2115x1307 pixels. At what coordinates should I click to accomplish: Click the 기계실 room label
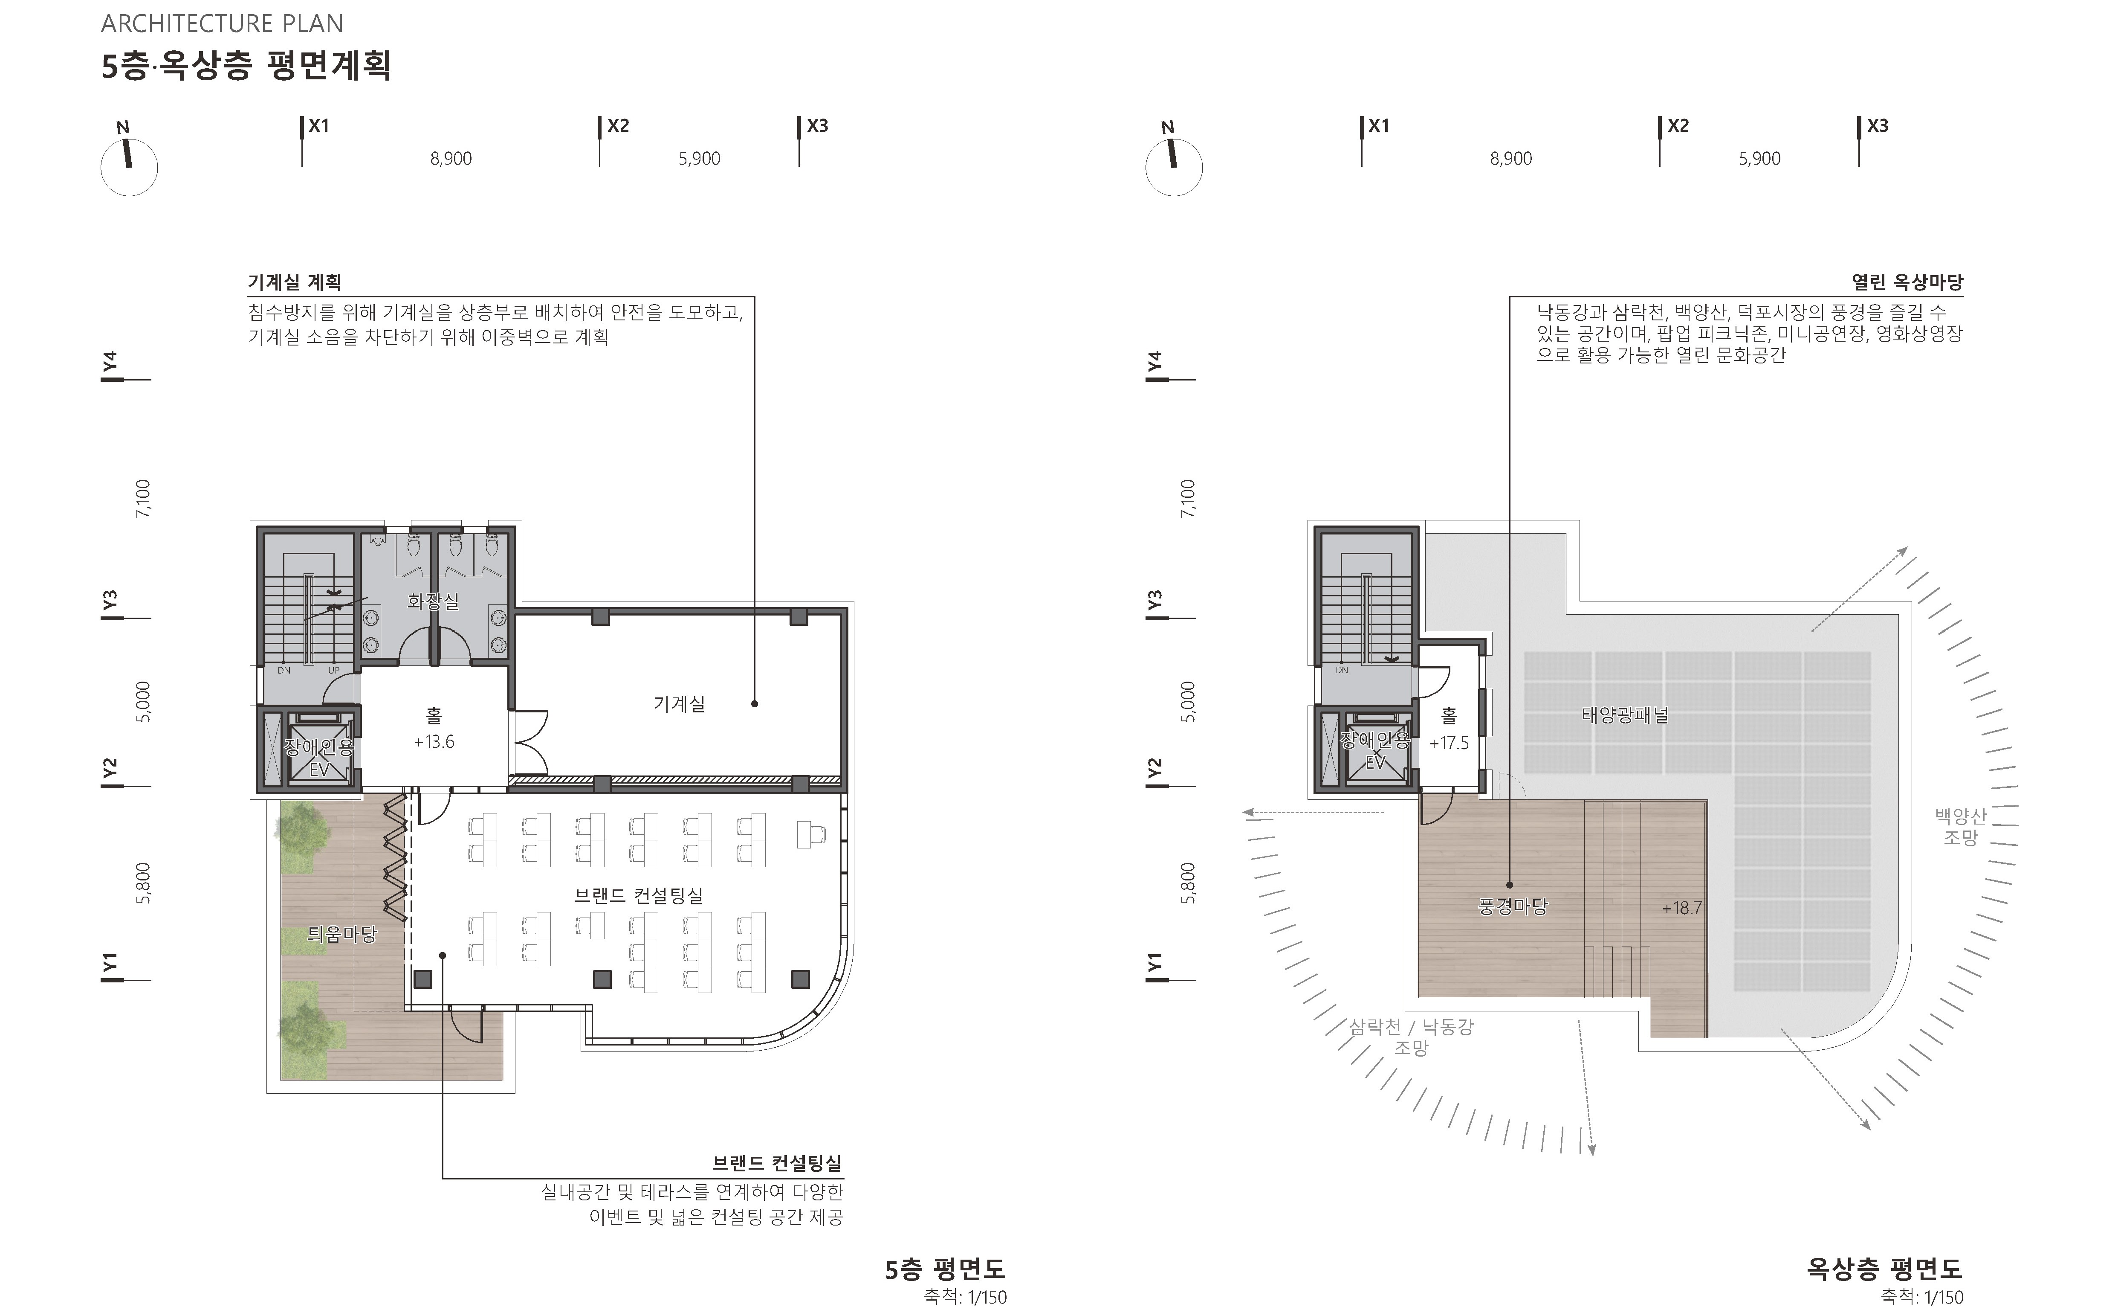(679, 704)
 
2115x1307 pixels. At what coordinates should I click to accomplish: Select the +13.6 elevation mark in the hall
(434, 742)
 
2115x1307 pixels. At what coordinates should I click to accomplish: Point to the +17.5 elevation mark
(1449, 743)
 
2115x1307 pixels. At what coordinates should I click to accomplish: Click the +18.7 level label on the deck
(1681, 908)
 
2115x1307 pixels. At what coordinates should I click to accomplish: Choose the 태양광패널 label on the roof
(1624, 715)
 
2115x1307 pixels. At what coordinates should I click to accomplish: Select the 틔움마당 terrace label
(342, 934)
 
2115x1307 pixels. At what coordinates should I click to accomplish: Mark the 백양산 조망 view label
(1960, 825)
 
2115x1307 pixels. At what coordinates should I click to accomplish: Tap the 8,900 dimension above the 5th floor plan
(451, 158)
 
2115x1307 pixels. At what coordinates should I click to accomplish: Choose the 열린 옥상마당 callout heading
(1907, 282)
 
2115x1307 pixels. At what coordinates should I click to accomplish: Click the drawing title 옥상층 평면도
(1884, 1269)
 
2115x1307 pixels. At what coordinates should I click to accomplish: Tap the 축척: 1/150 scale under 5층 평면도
(965, 1297)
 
